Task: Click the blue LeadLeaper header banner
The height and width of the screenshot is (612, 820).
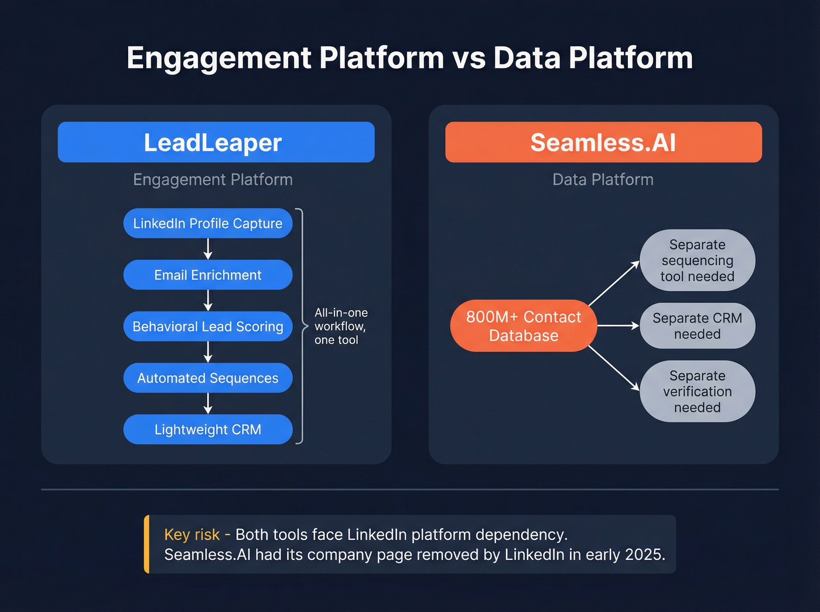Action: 216,142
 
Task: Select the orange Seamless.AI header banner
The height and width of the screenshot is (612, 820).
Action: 603,142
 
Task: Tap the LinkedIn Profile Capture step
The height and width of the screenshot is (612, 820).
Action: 208,223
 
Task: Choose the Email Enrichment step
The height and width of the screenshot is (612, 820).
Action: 208,275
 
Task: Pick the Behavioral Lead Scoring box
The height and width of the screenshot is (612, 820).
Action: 208,326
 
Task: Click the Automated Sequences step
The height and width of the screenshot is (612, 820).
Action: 208,378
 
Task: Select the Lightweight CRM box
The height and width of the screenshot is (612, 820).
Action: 208,429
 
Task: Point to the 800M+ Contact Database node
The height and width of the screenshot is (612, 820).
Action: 524,326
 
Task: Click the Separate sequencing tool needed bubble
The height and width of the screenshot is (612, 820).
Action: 697,260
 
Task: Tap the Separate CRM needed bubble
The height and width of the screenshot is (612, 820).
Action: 697,326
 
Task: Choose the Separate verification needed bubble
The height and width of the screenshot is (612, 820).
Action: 697,391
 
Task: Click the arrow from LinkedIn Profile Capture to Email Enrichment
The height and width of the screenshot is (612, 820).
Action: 208,249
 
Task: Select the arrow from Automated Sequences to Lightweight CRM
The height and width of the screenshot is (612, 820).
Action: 208,404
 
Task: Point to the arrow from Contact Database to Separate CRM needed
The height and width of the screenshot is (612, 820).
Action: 618,326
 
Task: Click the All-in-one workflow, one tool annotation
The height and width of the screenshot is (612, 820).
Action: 341,326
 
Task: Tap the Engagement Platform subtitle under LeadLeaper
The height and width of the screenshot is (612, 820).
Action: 213,179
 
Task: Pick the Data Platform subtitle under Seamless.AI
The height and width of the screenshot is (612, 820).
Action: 603,179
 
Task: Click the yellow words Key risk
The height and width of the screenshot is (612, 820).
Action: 192,535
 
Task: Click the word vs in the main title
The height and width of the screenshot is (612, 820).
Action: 469,58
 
